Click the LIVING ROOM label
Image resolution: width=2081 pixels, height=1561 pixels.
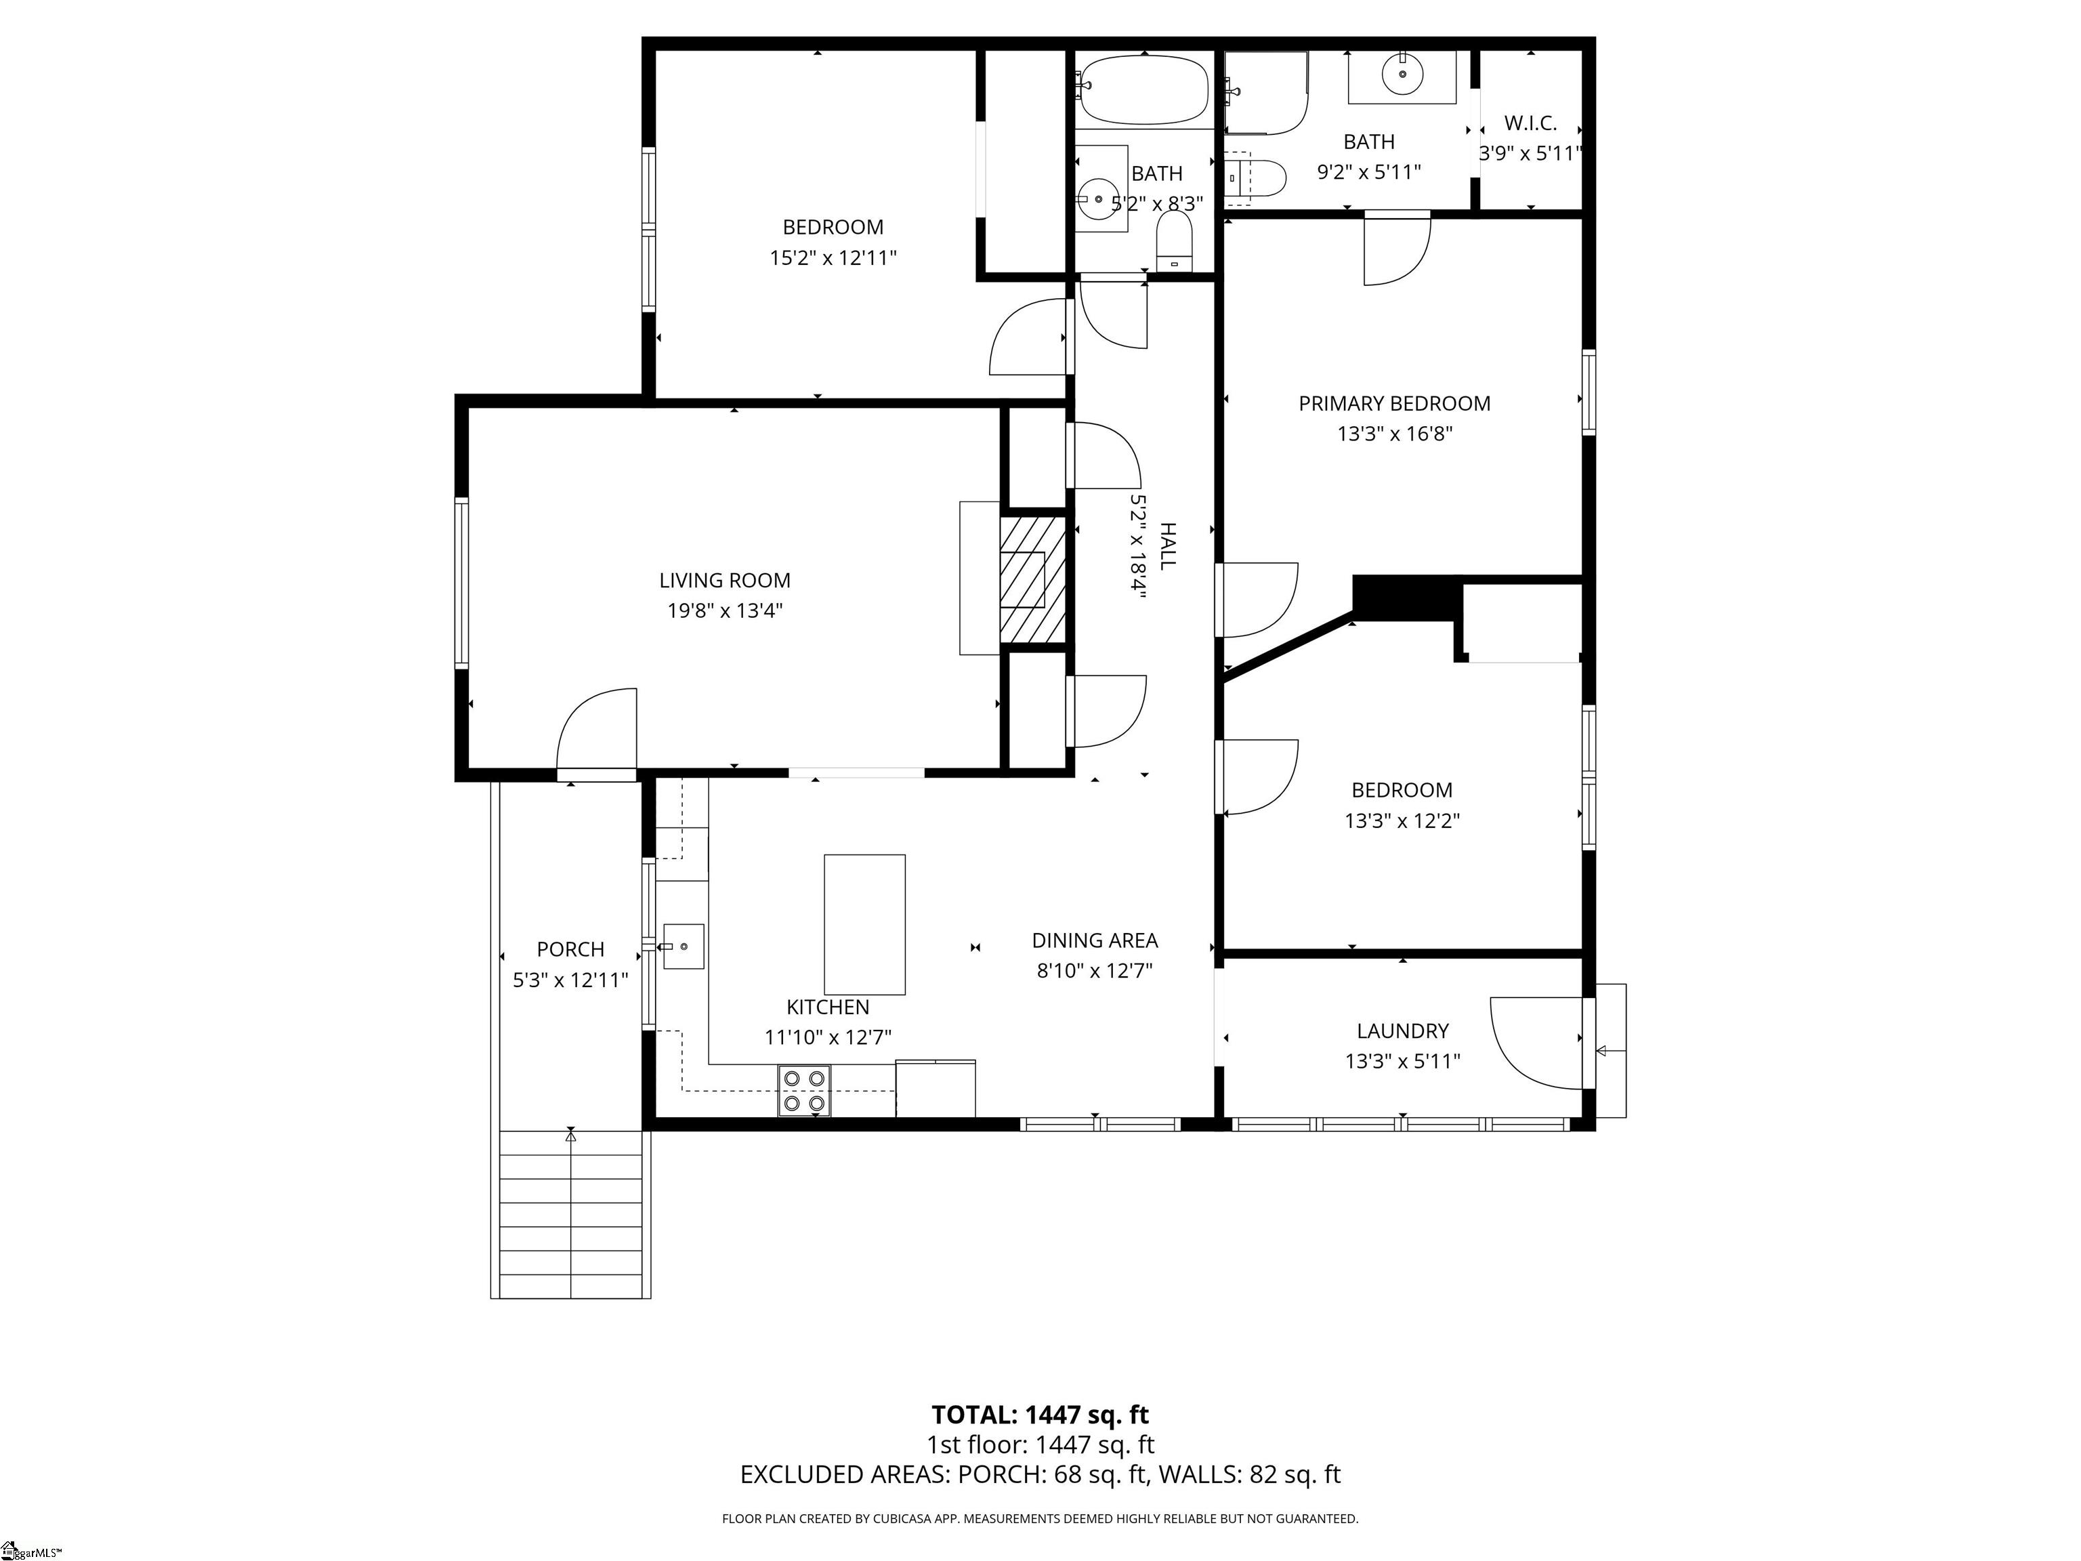(724, 581)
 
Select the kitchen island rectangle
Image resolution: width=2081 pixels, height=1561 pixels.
(864, 924)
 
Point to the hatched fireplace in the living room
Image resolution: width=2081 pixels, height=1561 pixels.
(1033, 581)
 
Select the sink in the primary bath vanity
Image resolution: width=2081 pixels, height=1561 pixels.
(1402, 72)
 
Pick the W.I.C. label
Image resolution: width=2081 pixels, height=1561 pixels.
(1530, 123)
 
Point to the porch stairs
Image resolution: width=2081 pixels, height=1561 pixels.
(571, 1214)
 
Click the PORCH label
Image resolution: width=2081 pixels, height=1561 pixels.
(570, 949)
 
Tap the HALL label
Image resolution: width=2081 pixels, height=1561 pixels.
(1166, 545)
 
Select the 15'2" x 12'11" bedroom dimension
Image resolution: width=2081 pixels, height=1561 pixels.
(833, 257)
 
